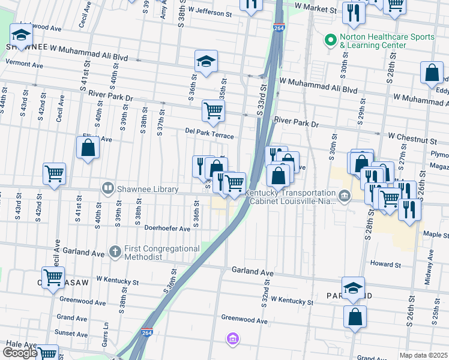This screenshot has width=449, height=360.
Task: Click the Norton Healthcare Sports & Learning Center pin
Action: [x=330, y=40]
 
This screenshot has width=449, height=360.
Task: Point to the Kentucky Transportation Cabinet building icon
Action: [x=345, y=196]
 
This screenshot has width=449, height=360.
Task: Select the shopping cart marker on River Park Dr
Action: [x=213, y=110]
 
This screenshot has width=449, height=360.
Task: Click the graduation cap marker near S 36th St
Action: [x=206, y=61]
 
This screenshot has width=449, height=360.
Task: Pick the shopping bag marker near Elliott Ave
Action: [x=88, y=147]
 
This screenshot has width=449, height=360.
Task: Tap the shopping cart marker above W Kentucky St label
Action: [x=53, y=277]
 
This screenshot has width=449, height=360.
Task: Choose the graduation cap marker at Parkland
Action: [x=354, y=287]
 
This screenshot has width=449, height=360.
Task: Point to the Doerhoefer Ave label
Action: [x=167, y=228]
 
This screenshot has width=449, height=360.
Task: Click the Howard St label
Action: [x=385, y=264]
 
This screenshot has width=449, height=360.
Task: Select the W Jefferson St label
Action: [x=209, y=12]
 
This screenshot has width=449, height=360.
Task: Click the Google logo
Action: [x=20, y=353]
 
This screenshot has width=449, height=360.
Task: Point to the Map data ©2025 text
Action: [x=423, y=355]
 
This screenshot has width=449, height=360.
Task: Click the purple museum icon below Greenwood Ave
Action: [x=232, y=340]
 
